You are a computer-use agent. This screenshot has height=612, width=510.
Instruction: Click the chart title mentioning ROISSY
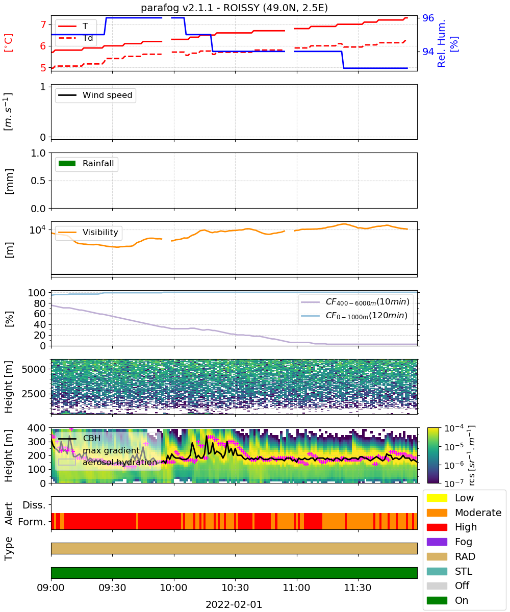234,8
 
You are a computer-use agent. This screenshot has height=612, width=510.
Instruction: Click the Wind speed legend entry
95,95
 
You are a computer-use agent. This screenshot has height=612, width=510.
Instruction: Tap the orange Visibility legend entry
88,232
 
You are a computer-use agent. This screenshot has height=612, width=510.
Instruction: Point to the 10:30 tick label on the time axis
235,588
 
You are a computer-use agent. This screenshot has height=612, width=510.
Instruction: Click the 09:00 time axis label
51,588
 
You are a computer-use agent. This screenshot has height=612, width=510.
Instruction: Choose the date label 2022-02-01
234,604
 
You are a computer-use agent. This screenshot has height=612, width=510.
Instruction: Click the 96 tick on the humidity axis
428,18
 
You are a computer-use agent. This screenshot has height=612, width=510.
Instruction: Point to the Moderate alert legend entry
464,513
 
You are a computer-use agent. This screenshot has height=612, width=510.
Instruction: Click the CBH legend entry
79,438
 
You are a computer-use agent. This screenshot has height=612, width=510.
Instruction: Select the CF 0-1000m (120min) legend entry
354,315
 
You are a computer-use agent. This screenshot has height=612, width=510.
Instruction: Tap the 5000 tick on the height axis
34,369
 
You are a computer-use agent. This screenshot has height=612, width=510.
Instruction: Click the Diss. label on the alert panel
34,505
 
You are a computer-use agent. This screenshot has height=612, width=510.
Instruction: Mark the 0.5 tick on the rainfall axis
38,181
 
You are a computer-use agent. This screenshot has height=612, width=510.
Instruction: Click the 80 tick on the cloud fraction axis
40,303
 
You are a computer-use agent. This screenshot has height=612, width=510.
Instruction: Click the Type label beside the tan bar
8,549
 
